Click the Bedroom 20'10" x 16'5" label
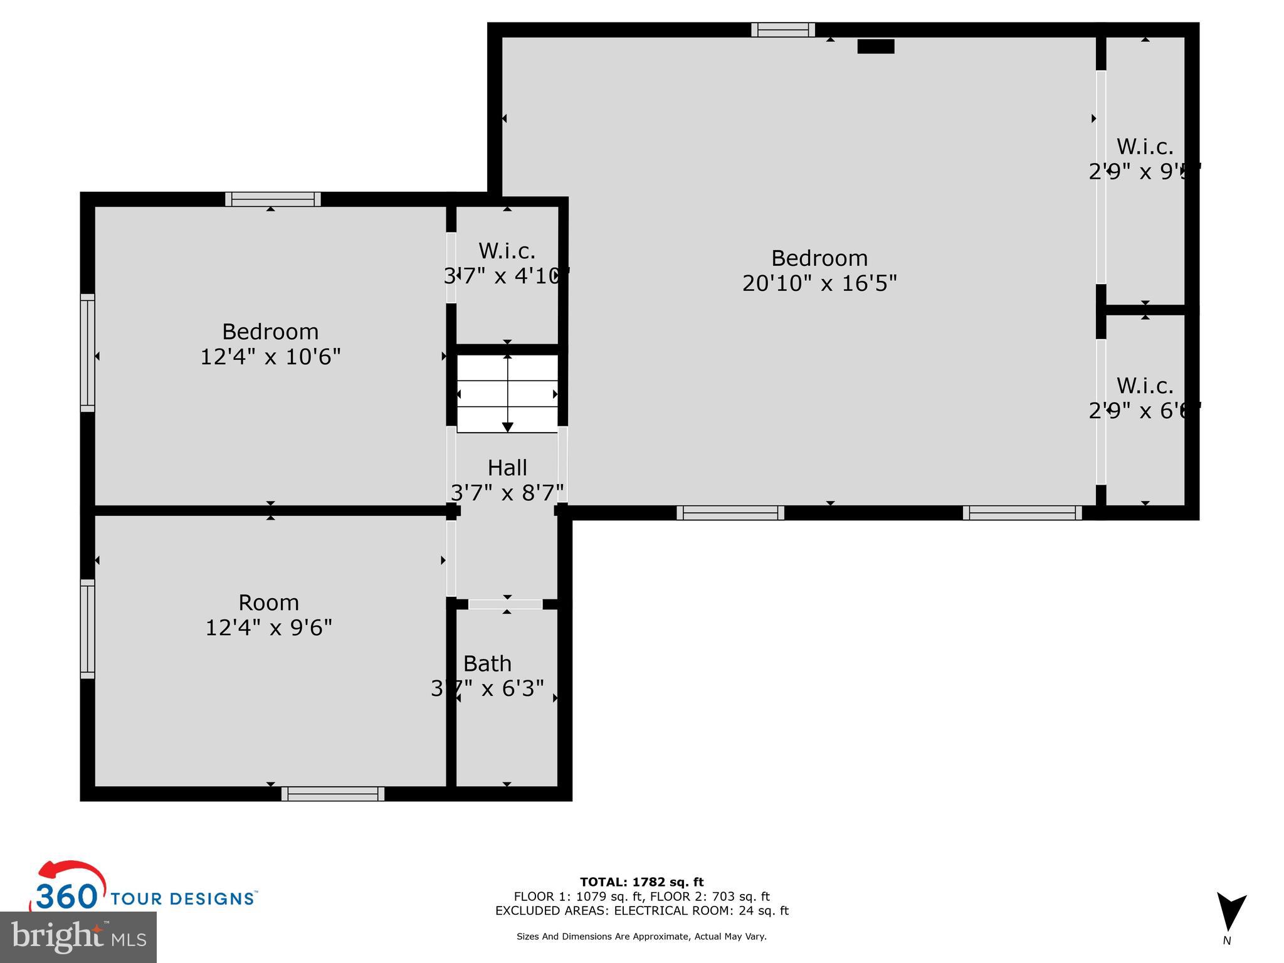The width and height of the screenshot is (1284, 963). (819, 271)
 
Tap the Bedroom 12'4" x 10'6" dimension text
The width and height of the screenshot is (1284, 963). (270, 357)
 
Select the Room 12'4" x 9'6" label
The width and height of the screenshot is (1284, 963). (268, 615)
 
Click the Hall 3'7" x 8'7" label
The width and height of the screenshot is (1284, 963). (507, 480)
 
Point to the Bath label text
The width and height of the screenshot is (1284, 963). (487, 663)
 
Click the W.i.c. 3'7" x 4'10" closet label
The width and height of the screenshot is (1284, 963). (507, 263)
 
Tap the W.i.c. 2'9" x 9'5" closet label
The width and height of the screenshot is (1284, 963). (1144, 159)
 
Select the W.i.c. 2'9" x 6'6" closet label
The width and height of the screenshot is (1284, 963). (1144, 398)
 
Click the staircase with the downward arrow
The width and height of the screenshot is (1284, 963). (507, 394)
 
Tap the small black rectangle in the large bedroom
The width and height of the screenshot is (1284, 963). (875, 46)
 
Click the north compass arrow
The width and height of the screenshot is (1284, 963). (1231, 913)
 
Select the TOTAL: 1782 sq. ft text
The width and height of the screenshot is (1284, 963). (641, 882)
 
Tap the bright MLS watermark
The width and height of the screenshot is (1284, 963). (78, 937)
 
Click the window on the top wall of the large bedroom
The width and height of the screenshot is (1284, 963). (783, 29)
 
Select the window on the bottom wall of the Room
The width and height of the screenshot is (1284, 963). (332, 794)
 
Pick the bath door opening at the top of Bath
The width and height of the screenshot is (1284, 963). (505, 604)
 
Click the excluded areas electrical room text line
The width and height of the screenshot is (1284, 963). (641, 911)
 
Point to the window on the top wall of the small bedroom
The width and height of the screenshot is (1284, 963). (273, 199)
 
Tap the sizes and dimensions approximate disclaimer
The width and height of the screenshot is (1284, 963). (641, 937)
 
